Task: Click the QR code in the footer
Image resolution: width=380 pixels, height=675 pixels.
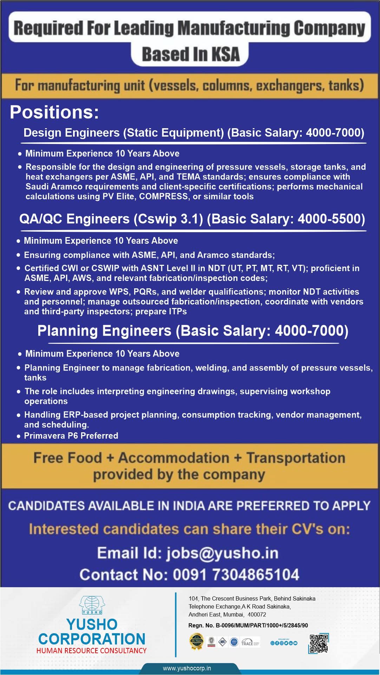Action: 319,643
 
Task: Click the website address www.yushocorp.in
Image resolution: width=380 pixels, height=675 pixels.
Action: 187,668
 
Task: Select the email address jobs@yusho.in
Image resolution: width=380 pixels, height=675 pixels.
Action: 222,553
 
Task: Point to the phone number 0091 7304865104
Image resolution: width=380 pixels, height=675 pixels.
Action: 236,575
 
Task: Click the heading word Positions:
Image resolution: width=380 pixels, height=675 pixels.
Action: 54,112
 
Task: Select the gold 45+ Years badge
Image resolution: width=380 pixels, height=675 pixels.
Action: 196,641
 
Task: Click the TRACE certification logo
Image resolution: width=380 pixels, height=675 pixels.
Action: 250,643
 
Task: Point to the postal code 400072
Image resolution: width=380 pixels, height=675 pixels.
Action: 257,615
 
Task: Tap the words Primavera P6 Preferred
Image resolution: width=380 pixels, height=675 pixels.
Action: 71,435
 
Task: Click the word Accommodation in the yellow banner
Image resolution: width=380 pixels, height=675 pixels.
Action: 173,458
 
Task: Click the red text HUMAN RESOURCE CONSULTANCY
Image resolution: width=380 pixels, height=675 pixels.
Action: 91,650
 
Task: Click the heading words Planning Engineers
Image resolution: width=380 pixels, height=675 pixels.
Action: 104,331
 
